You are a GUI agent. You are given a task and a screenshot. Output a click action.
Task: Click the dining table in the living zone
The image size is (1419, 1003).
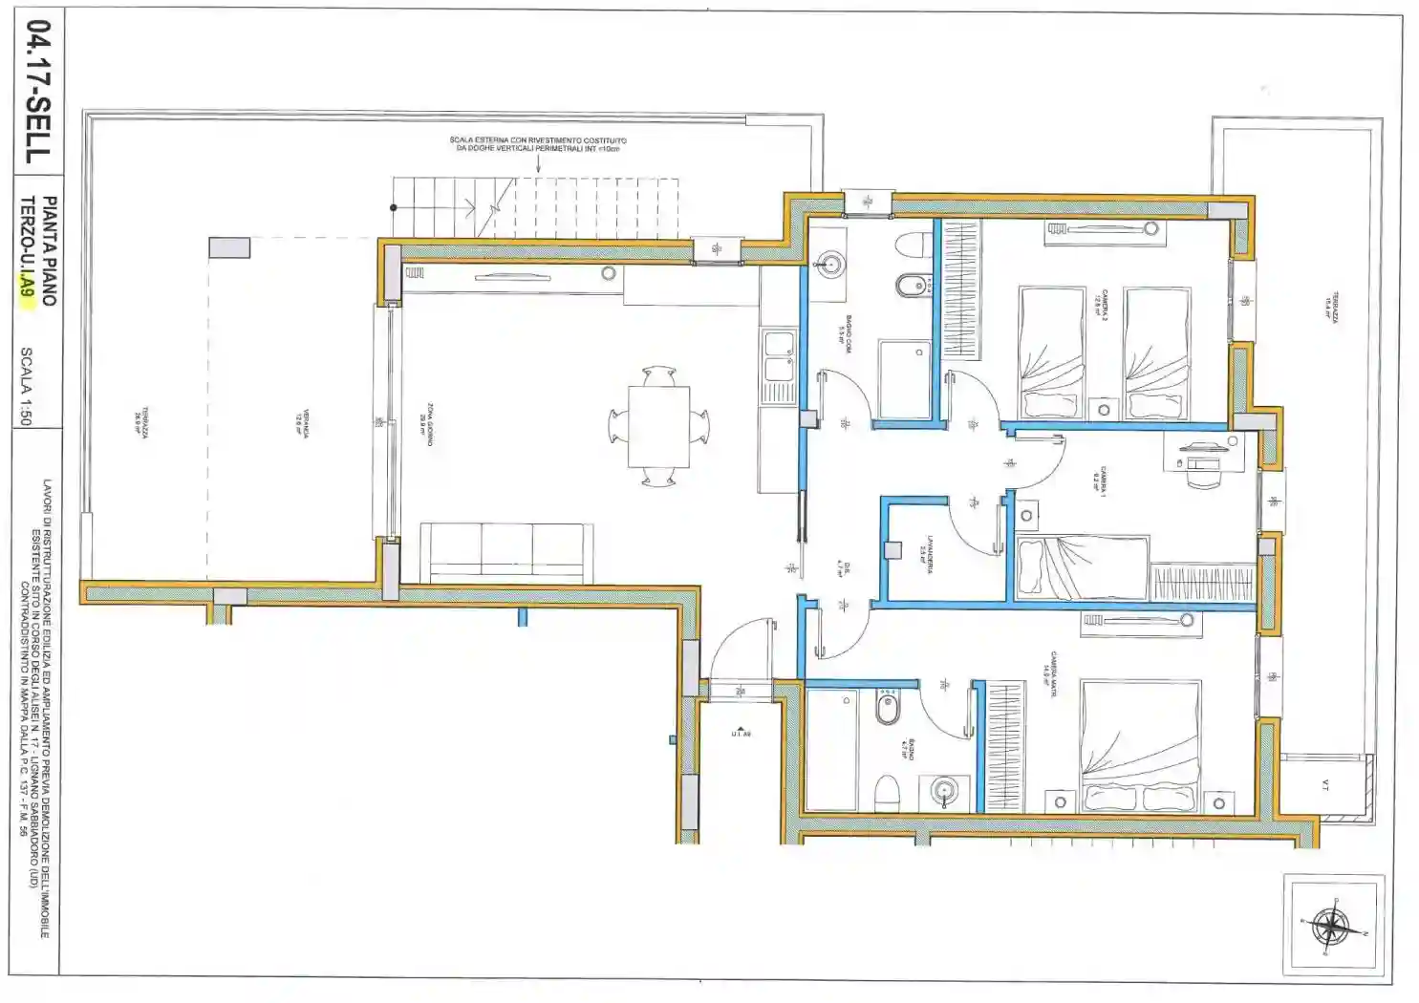658,426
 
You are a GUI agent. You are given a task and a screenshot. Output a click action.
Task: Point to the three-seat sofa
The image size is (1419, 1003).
506,552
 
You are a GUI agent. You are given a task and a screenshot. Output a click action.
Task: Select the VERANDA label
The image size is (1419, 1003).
302,423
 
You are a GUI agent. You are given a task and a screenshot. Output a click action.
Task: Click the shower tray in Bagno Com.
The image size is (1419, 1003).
904,379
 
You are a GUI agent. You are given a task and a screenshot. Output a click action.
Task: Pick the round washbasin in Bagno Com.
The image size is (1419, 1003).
828,263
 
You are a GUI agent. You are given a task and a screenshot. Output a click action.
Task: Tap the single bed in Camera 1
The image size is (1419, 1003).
1081,567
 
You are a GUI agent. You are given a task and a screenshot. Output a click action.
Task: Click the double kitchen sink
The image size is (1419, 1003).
779,366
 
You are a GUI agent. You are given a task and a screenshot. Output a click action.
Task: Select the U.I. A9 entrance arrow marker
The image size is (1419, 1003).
741,731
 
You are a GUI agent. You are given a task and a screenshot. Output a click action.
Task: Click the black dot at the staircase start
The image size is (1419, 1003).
393,207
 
